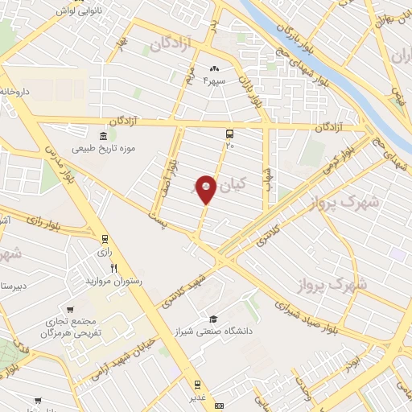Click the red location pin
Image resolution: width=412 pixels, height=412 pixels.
206,188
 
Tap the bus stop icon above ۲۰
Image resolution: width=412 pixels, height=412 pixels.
231,134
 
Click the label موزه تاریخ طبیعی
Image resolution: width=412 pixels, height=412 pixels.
102,150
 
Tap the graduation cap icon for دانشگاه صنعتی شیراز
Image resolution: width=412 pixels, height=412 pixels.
213,319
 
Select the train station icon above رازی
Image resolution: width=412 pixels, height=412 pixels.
105,239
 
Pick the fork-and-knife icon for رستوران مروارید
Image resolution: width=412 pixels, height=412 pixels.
114,269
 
